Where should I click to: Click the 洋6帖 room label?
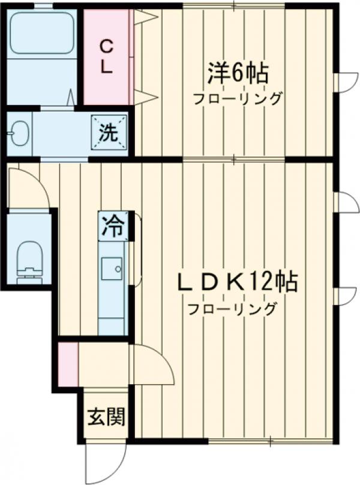tap(237, 74)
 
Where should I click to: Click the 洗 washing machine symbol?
tap(109, 130)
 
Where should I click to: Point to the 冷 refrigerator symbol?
tap(113, 227)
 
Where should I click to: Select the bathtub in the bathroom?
tap(42, 31)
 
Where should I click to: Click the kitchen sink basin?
tap(112, 269)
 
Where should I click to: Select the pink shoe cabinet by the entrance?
tap(68, 364)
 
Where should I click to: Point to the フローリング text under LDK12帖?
tap(233, 310)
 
